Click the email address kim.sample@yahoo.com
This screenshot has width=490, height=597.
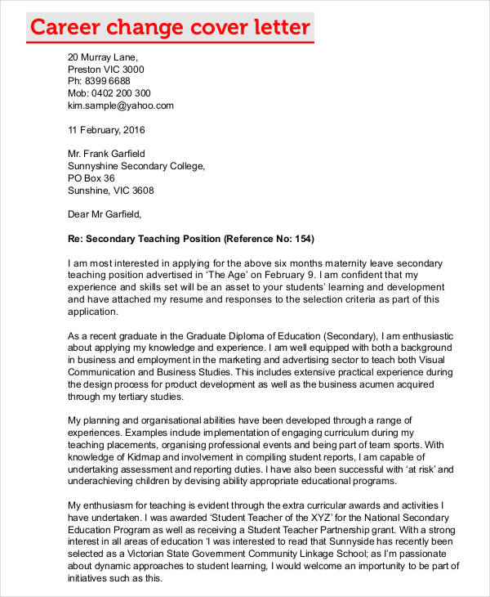pyautogui.click(x=121, y=105)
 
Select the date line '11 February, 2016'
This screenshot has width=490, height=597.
pyautogui.click(x=105, y=129)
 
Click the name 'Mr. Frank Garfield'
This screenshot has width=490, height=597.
pyautogui.click(x=106, y=153)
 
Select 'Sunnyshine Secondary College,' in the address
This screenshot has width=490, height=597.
pyautogui.click(x=136, y=165)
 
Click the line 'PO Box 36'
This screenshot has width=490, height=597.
pyautogui.click(x=91, y=177)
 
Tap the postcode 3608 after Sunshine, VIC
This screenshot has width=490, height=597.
pyautogui.click(x=142, y=190)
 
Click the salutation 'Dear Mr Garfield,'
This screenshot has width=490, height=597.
pyautogui.click(x=105, y=214)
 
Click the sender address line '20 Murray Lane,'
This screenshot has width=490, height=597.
pyautogui.click(x=103, y=57)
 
